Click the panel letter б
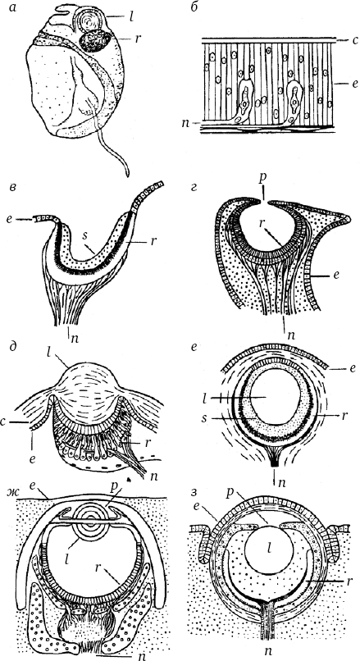(194, 7)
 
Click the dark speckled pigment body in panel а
(95, 42)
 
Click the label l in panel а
(131, 18)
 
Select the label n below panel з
(267, 652)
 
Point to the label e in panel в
(15, 219)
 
